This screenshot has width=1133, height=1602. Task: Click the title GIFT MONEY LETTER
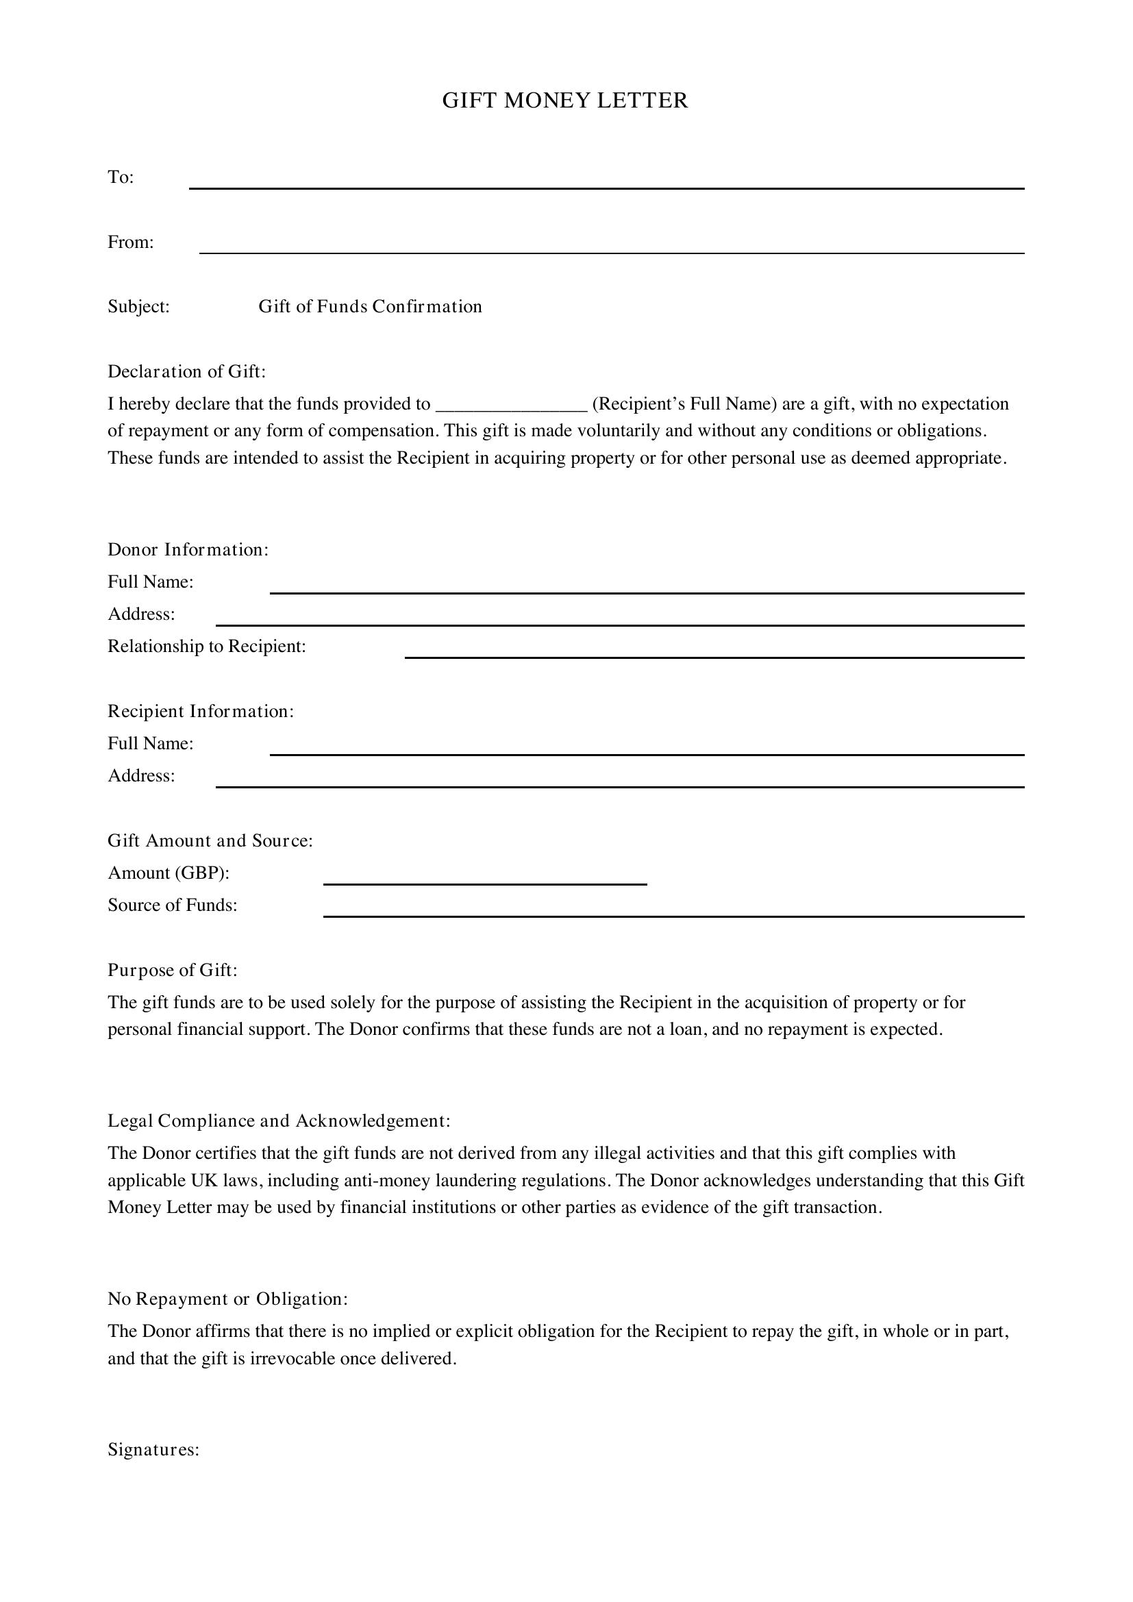(565, 101)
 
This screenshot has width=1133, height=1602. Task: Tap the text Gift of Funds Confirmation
(370, 307)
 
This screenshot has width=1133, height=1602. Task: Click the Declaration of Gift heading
(186, 371)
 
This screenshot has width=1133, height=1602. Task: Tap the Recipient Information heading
(200, 711)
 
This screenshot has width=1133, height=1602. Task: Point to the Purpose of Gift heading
(173, 970)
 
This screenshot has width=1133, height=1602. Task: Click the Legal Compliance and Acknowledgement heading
(278, 1121)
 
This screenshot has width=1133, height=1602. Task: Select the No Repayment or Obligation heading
(227, 1299)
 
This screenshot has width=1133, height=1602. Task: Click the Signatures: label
(153, 1450)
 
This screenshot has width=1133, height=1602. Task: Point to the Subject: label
(138, 307)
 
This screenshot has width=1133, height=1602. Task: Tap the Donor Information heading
(188, 550)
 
